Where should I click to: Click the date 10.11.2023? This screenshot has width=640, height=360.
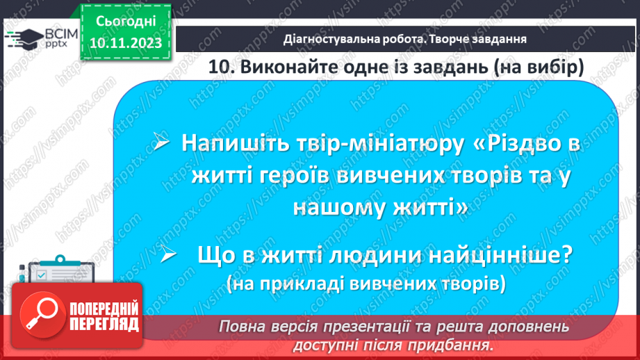(x=126, y=43)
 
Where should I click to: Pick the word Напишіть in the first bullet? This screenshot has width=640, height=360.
(x=229, y=144)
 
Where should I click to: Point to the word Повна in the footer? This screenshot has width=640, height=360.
(x=240, y=327)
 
